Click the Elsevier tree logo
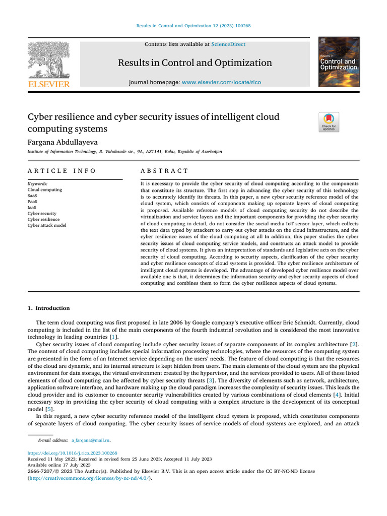click(49, 60)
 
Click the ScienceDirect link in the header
click(228, 44)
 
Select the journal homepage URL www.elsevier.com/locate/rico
click(221, 82)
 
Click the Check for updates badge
click(329, 122)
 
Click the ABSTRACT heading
click(164, 171)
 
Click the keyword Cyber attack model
click(46, 225)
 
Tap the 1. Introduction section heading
click(48, 308)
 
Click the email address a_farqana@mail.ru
click(91, 440)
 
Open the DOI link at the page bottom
click(72, 453)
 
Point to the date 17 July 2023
click(72, 465)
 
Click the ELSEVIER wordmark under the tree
click(49, 84)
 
